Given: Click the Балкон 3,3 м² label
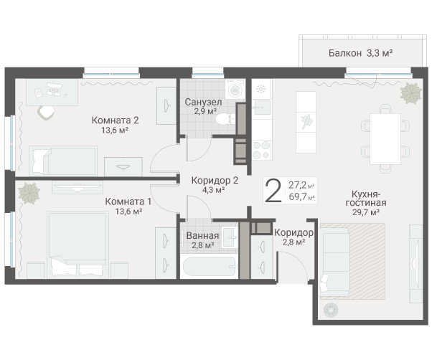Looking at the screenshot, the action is point(360,53).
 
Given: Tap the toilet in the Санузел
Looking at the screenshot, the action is point(225,119).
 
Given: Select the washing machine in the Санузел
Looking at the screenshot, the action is point(235,89).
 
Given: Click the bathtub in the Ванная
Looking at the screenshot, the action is point(210,266).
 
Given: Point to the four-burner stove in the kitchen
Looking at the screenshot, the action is point(261,150).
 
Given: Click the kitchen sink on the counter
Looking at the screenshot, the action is point(262,108).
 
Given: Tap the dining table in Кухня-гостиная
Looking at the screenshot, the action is point(385,138).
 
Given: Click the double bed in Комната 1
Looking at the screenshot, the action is point(78,245).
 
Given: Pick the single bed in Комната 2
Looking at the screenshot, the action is point(63,161).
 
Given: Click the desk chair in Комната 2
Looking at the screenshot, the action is point(46,113).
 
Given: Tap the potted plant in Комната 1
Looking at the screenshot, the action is point(29,193).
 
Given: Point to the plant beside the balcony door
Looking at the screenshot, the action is point(410,93).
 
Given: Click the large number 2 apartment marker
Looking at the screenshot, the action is point(273,191).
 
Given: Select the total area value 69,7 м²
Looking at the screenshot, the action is point(301,196).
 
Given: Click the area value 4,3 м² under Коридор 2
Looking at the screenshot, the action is point(214,190).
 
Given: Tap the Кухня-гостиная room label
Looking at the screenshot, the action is point(366,199).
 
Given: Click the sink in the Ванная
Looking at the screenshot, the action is point(230,237).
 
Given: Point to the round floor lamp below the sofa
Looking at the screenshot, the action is point(330,310).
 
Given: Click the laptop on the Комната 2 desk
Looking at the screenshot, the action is point(54,89).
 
